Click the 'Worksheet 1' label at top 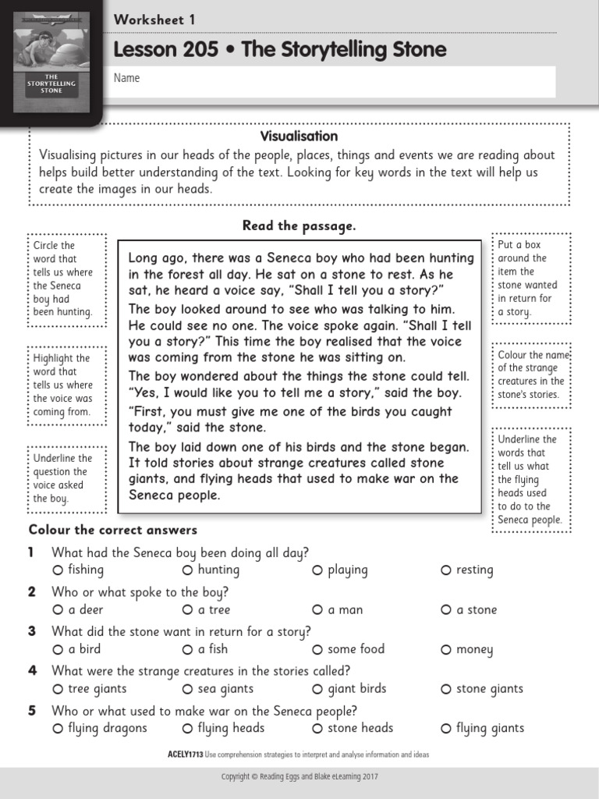[x=154, y=20]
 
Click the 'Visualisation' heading [x=299, y=137]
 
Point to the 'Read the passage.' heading [x=299, y=225]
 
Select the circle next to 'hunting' [x=187, y=570]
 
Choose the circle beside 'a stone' [x=445, y=610]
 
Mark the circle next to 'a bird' [x=58, y=650]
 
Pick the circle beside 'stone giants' [x=445, y=690]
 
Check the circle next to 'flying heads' [x=187, y=729]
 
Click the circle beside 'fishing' [x=58, y=570]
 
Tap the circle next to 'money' [x=445, y=650]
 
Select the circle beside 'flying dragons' [x=58, y=729]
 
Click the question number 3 [x=32, y=631]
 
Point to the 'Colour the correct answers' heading [x=113, y=530]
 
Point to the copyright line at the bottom [x=299, y=777]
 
